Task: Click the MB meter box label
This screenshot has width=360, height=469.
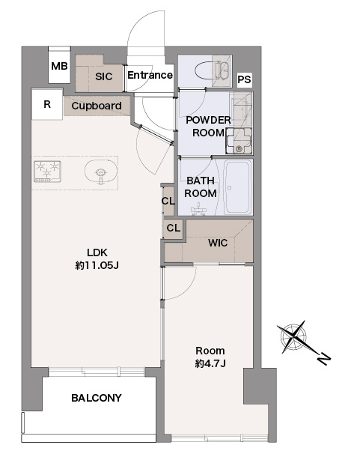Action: pyautogui.click(x=59, y=66)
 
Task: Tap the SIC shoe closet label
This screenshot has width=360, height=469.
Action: pyautogui.click(x=104, y=76)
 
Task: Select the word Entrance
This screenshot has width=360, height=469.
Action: pyautogui.click(x=150, y=75)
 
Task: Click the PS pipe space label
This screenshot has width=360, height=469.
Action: pyautogui.click(x=245, y=79)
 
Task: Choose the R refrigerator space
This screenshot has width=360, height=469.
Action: pyautogui.click(x=47, y=104)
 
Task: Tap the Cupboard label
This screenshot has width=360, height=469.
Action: pyautogui.click(x=97, y=106)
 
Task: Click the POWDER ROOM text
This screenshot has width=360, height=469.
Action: pyautogui.click(x=208, y=126)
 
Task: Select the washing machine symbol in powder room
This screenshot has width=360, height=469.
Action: pyautogui.click(x=239, y=141)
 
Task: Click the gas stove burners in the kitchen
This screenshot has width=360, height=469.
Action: pyautogui.click(x=47, y=172)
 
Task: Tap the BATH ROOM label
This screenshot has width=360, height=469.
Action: pyautogui.click(x=201, y=187)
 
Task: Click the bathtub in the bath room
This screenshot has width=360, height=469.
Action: pyautogui.click(x=238, y=187)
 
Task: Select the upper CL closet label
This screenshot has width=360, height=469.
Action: pyautogui.click(x=168, y=201)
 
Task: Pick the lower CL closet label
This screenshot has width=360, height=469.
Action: pyautogui.click(x=174, y=229)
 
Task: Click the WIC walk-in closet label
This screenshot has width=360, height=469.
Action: pyautogui.click(x=218, y=243)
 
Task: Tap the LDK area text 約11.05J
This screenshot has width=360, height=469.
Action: pyautogui.click(x=97, y=265)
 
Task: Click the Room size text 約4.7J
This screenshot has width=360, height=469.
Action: pyautogui.click(x=210, y=363)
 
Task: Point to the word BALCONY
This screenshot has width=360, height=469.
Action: pyautogui.click(x=97, y=398)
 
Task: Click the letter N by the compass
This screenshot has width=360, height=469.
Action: pyautogui.click(x=324, y=358)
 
